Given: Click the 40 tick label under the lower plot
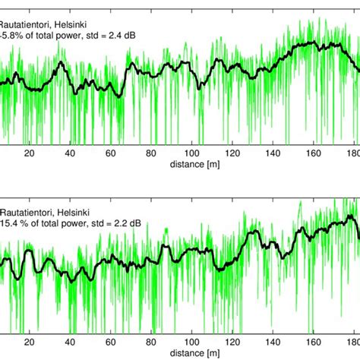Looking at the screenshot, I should coord(71,343).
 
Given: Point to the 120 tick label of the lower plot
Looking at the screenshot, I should coord(234,343).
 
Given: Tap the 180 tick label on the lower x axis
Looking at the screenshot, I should coord(352,343).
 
